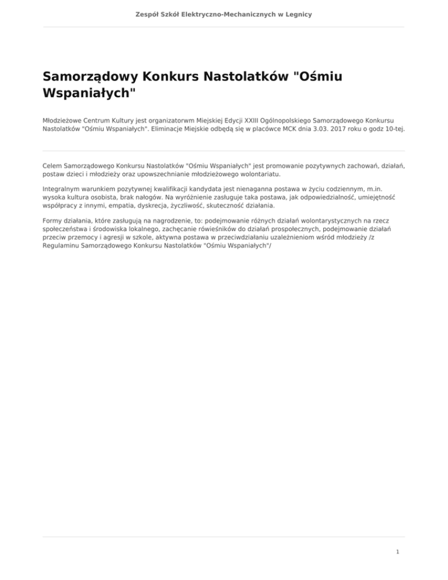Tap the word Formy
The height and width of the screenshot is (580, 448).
(54, 222)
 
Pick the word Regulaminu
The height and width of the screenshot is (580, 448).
(64, 246)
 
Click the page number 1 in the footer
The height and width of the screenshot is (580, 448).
(397, 550)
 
